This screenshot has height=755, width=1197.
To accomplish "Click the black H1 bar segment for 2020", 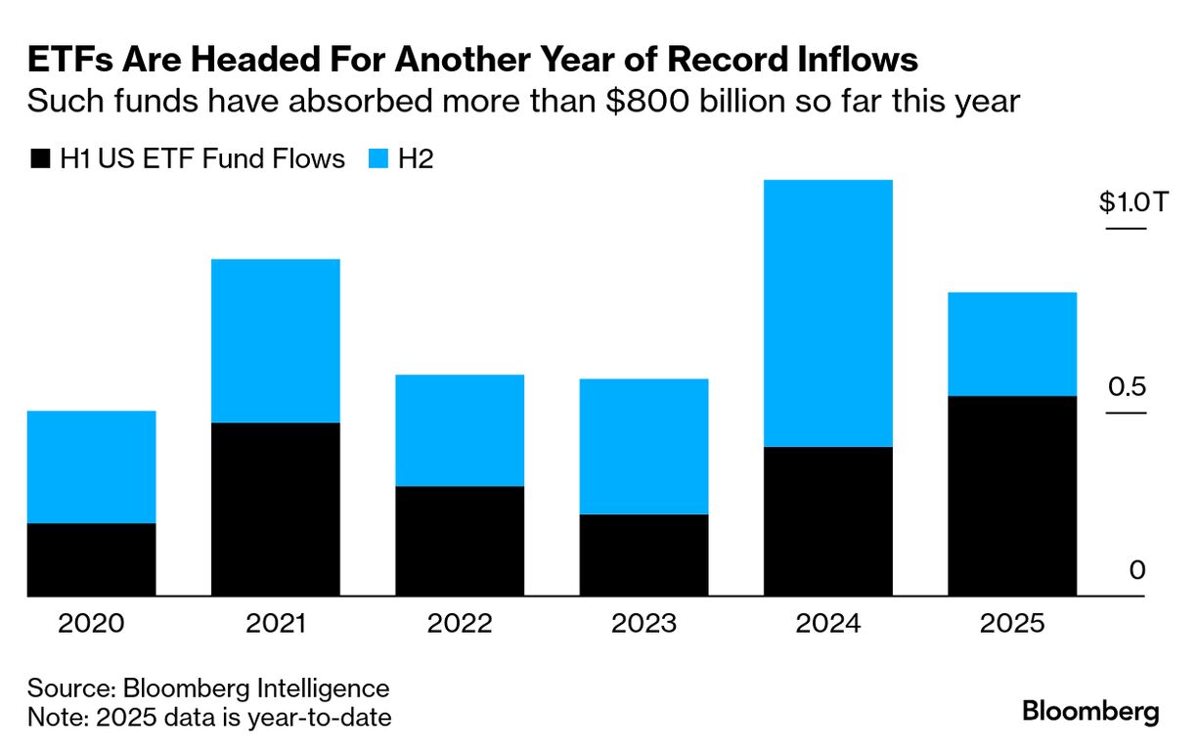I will (91, 559).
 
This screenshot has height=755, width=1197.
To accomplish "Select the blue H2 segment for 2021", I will (276, 340).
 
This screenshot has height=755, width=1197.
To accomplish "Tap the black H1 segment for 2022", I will (460, 541).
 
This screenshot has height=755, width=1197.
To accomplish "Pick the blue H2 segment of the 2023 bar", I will (643, 446).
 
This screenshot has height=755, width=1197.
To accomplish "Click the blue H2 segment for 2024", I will (828, 313).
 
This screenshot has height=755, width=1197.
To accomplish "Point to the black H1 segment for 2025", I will (1012, 496).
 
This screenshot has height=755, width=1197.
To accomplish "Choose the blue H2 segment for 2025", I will (1012, 344).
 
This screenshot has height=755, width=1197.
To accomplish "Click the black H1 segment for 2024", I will (828, 521).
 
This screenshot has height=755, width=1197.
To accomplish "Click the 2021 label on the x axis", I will (276, 624).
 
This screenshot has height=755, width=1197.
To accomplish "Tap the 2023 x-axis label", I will (643, 624).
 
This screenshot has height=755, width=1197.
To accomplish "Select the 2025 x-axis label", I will (1012, 624).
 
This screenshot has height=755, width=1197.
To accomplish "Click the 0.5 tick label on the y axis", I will (1127, 387).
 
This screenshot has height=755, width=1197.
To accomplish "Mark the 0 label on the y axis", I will (1137, 570).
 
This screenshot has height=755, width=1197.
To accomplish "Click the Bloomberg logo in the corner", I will (1090, 712).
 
